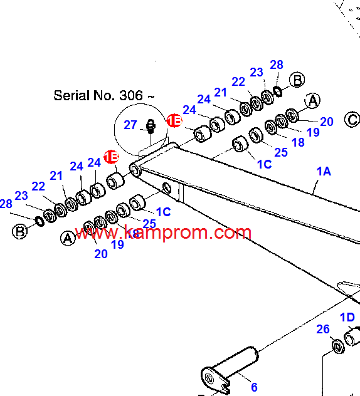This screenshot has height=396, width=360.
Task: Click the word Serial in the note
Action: click(72, 95)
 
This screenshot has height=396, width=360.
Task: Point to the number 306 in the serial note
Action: click(131, 95)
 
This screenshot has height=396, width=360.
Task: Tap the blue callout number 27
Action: click(130, 125)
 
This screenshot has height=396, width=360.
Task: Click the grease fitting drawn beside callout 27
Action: click(151, 127)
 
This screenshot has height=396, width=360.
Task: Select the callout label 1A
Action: click(324, 172)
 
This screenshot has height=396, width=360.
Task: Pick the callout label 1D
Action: click(347, 317)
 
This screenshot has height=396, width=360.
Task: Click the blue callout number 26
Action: click(323, 329)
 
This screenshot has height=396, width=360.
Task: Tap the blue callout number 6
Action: click(254, 387)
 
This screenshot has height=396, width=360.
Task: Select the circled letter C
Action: click(352, 120)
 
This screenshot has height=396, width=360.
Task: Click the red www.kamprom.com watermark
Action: click(163, 232)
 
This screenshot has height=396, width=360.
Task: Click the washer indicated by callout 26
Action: click(338, 346)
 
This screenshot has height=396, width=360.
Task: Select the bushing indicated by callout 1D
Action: click(352, 336)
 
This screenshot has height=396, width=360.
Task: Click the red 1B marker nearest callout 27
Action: click(174, 120)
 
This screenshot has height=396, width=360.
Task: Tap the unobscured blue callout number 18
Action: click(298, 142)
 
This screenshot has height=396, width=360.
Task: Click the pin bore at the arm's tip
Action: click(135, 170)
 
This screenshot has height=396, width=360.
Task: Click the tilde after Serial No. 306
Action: click(151, 96)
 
